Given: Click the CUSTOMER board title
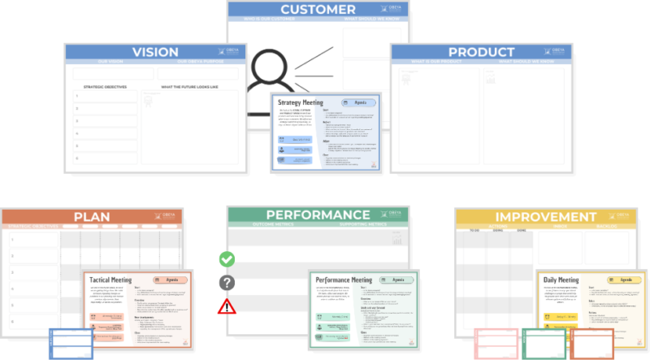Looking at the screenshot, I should [318, 11].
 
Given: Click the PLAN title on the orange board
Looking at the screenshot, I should [92, 217].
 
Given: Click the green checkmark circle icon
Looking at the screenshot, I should [227, 259].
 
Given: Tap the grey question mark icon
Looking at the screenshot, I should [227, 283].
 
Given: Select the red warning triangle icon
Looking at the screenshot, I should [227, 306].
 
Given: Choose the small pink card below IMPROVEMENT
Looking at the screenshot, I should [496, 343].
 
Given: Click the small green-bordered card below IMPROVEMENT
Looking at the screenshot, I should [544, 343].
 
